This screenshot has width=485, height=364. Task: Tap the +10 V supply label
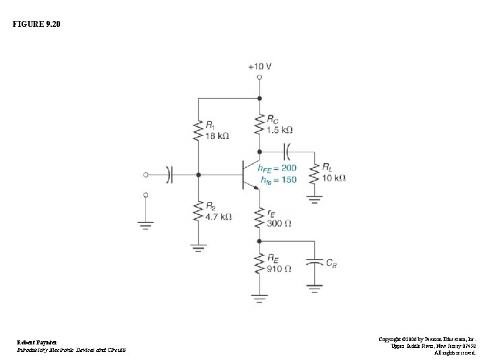click(x=259, y=67)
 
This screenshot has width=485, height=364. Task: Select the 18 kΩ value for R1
click(x=216, y=135)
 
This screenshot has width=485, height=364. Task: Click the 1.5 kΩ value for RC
click(x=278, y=129)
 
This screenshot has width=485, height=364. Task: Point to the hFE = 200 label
click(x=278, y=168)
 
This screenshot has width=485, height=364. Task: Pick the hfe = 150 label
click(x=278, y=180)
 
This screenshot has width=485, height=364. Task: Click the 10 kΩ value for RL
click(x=334, y=178)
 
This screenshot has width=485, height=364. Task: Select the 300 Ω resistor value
click(x=279, y=223)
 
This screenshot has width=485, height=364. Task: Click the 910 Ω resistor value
click(x=279, y=269)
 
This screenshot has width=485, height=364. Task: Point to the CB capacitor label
click(x=331, y=264)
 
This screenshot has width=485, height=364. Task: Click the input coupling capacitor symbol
click(x=169, y=175)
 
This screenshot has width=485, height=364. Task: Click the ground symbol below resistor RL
click(x=313, y=199)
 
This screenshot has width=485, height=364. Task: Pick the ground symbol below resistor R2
click(x=198, y=247)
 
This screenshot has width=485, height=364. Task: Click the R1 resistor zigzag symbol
click(x=198, y=131)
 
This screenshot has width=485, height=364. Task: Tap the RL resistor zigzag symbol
click(x=313, y=173)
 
